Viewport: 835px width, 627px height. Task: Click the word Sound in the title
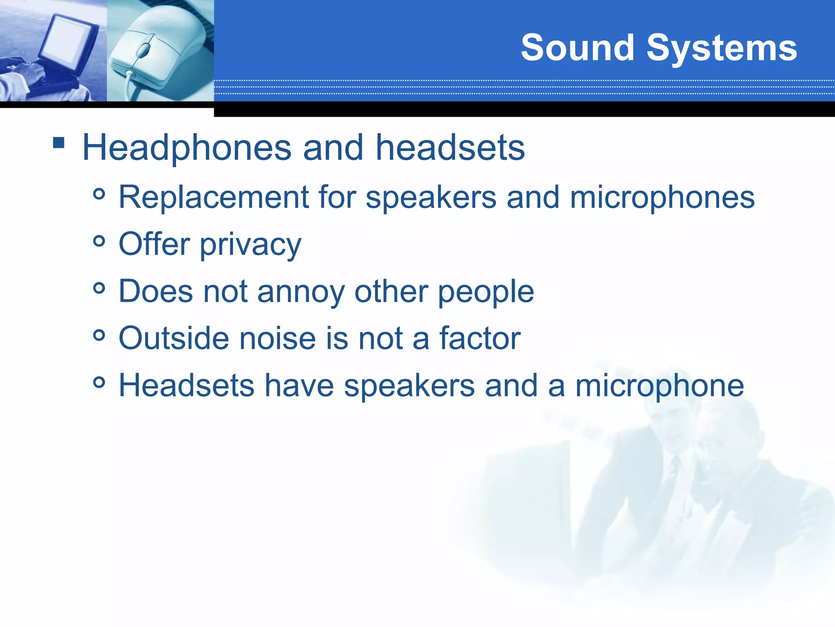tap(577, 48)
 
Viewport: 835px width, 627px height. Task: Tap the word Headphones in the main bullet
tap(187, 148)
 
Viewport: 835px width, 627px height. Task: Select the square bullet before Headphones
tap(59, 142)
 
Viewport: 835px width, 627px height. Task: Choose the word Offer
tap(154, 244)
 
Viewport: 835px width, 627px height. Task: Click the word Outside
tap(174, 338)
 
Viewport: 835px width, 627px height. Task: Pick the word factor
tap(479, 338)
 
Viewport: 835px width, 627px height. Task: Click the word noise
tap(277, 338)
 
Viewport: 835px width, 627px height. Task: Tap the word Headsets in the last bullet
tap(186, 385)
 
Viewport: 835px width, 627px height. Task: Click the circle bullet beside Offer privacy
tap(99, 241)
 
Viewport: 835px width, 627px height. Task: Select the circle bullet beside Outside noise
tap(99, 336)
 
